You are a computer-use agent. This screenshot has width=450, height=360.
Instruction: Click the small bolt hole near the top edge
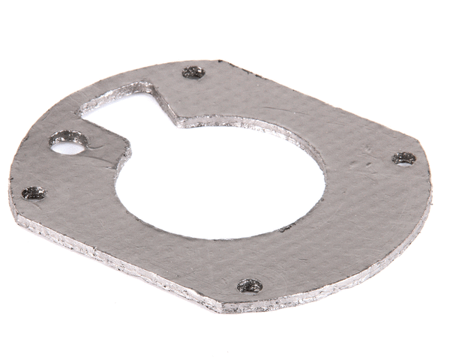(193, 73)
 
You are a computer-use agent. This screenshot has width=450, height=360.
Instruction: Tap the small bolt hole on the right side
(403, 158)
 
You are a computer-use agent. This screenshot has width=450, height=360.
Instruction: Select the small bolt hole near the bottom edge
(250, 285)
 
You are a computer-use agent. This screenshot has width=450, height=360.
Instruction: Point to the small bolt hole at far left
(33, 193)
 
